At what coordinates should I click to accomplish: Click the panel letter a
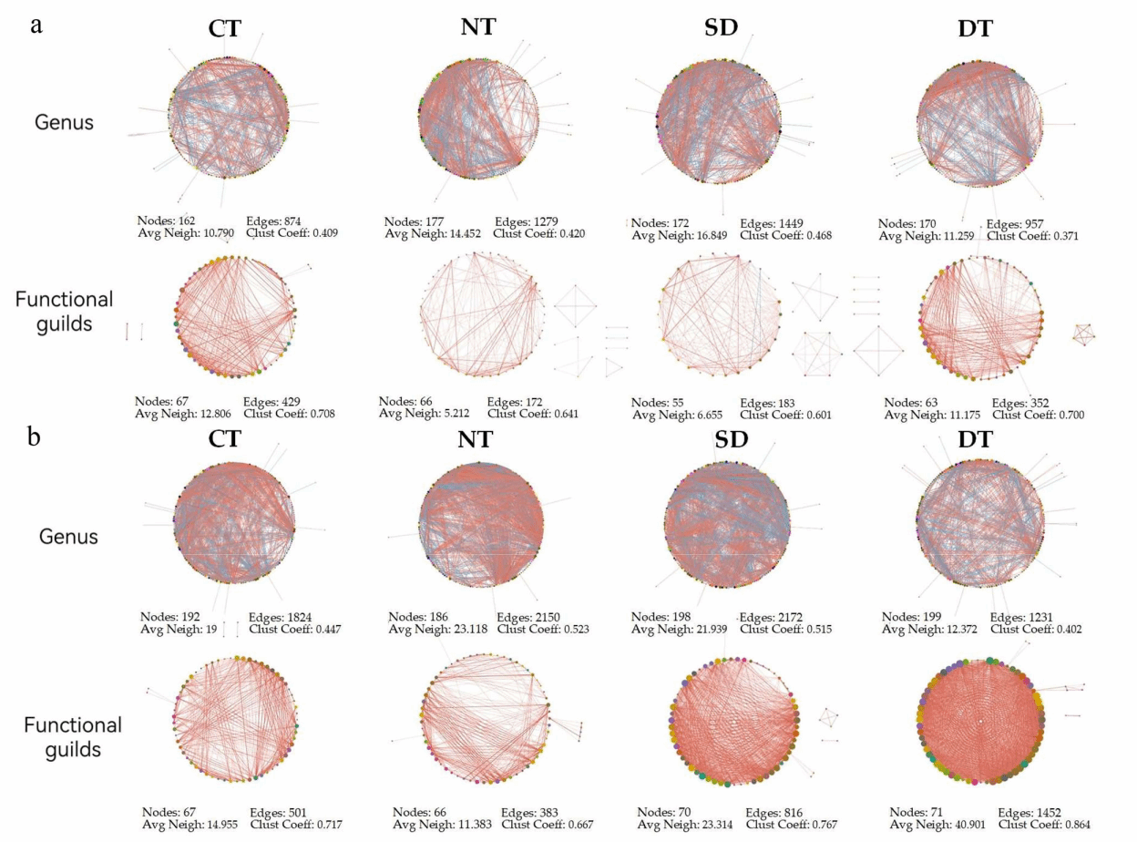(36, 25)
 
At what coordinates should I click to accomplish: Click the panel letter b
(34, 436)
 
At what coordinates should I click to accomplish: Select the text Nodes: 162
(168, 221)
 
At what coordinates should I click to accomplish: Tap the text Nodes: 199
(912, 616)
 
